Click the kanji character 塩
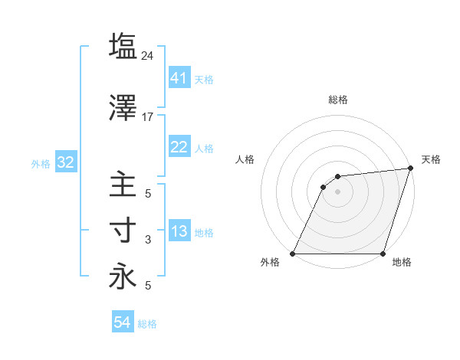click(x=123, y=46)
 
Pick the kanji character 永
click(x=123, y=277)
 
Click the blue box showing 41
click(x=179, y=78)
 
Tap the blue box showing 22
click(x=179, y=148)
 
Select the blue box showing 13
click(x=179, y=232)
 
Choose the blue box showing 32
click(x=65, y=163)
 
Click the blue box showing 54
click(x=123, y=322)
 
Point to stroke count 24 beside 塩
click(x=148, y=55)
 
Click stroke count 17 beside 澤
click(x=148, y=117)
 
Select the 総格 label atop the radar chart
click(x=337, y=100)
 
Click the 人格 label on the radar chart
click(x=245, y=159)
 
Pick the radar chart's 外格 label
click(x=270, y=263)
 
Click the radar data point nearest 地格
click(x=383, y=254)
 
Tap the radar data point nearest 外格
click(x=293, y=254)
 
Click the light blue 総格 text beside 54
click(x=147, y=324)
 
